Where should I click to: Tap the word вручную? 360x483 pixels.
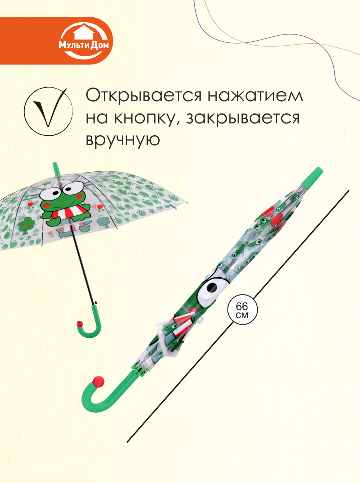pos(122,140)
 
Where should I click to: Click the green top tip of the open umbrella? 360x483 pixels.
pos(56,168)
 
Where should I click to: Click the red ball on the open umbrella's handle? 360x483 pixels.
pos(80,324)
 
